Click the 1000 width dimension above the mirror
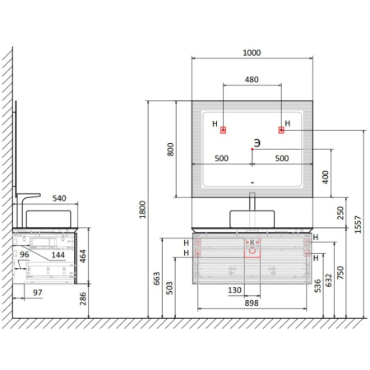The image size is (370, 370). coord(252,53)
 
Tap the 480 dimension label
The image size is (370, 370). coord(252,80)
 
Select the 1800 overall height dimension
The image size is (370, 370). coord(142,210)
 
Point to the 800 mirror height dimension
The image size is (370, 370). coord(170,150)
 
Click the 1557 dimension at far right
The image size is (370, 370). coord(358,224)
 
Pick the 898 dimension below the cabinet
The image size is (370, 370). coord(252,303)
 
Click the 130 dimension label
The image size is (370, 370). coord(234,289)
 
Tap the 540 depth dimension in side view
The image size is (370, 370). coord(59,198)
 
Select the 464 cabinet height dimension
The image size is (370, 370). coord(82,257)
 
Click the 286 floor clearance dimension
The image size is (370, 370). coord(82,298)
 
